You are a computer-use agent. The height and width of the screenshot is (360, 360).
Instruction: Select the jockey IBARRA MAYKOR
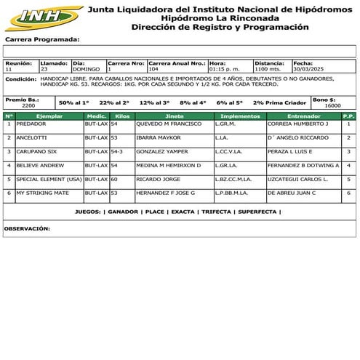pos(158,137)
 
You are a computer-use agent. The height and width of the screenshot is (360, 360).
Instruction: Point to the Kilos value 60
pos(114,179)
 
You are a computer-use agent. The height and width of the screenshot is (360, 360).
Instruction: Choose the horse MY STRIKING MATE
pos(42,193)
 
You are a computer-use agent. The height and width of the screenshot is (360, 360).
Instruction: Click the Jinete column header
pos(174,116)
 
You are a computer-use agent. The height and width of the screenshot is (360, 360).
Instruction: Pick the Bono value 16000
pos(332,105)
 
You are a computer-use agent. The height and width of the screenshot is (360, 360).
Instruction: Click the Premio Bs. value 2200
pos(28,105)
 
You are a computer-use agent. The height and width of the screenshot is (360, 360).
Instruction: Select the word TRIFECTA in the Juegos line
pos(217,212)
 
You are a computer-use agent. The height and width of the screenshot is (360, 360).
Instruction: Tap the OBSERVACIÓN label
pos(28,228)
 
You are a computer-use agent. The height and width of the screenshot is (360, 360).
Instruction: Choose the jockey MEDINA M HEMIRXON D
pos(168,165)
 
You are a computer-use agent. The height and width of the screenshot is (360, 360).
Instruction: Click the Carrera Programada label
pos(42,40)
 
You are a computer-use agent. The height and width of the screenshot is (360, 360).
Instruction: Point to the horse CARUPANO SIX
pos(36,151)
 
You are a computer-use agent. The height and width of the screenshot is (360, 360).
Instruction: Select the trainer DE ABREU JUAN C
pos(291,193)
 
